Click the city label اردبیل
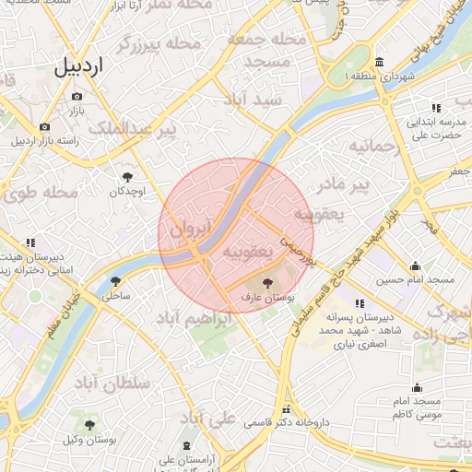80,66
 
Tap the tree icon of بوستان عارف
268,283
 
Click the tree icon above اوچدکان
127,176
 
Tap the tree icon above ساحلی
116,281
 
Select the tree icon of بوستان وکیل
88,425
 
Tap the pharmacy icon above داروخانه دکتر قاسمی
287,409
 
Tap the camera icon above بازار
77,96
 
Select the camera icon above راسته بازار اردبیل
43,126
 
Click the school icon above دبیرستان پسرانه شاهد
360,302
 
